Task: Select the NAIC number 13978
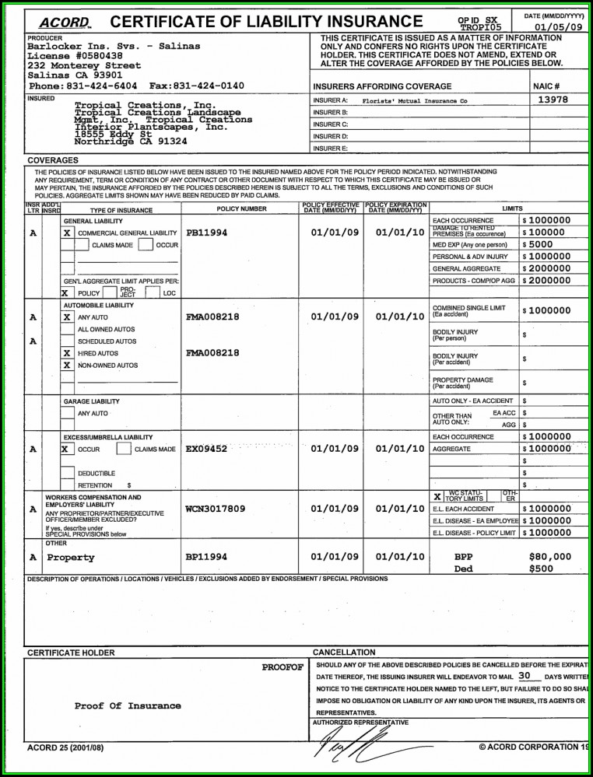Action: coord(553,100)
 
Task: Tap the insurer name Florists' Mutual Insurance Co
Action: coord(415,100)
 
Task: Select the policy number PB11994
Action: coord(207,233)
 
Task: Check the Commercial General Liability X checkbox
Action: coord(68,233)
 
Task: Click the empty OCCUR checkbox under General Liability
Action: coord(145,245)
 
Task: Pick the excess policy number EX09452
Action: coord(207,449)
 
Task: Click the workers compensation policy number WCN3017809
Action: coord(216,509)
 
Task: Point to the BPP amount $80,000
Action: coord(549,557)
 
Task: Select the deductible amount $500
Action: coord(541,569)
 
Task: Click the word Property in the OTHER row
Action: coord(71,558)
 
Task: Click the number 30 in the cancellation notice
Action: coord(524,676)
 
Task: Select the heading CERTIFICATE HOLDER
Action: coord(71,653)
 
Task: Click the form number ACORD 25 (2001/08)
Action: coord(65,748)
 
